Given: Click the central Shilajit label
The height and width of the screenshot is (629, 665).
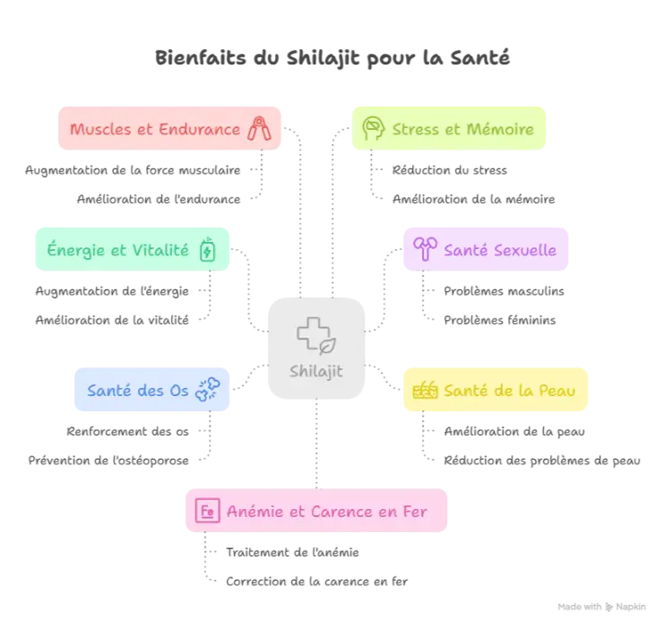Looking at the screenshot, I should coord(315,371).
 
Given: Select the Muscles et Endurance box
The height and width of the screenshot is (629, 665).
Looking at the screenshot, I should coord(170,128).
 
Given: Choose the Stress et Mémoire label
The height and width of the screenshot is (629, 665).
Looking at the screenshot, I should coord(462,129).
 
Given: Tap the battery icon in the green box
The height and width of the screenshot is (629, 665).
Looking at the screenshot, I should coord(208,250).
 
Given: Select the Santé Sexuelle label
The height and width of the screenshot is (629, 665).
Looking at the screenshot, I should coord(500,250).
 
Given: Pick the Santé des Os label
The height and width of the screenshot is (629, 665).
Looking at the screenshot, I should coord(138,390).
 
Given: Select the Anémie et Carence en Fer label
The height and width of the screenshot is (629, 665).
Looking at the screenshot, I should coord(326,512).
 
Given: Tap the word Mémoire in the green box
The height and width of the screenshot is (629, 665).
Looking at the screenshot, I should coord(501,129).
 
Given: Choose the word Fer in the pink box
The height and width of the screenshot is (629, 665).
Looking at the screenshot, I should coord(414,512).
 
